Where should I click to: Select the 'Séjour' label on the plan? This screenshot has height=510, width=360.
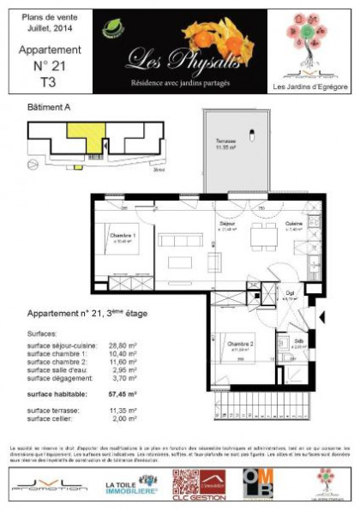pyautogui.click(x=228, y=223)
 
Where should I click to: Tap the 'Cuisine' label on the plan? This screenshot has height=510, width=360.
pyautogui.click(x=293, y=223)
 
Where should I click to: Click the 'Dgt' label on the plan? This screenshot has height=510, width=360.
pyautogui.click(x=291, y=292)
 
